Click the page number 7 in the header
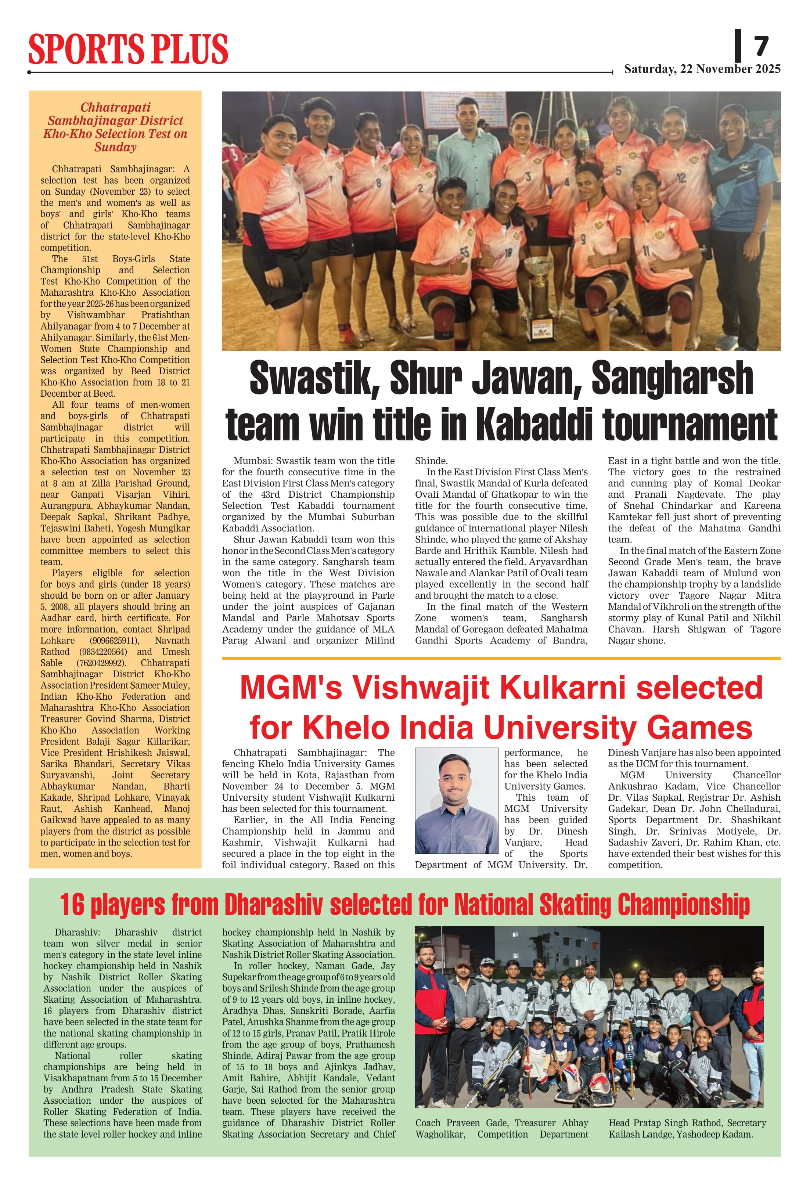click(x=761, y=47)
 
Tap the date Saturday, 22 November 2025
click(x=702, y=69)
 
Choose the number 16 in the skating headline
click(x=72, y=905)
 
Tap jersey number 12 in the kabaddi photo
click(x=681, y=178)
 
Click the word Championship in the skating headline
click(x=683, y=905)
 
